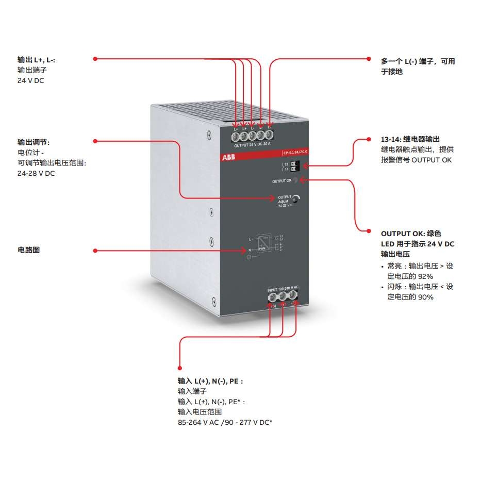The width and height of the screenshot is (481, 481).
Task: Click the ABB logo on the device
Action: pyautogui.click(x=228, y=157)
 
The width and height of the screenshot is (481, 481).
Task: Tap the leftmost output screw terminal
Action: pyautogui.click(x=235, y=137)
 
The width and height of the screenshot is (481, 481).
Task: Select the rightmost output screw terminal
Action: pyautogui.click(x=269, y=136)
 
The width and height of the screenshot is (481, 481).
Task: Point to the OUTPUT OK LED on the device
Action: pyautogui.click(x=296, y=180)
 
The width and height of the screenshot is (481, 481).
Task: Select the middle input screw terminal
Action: pyautogui.click(x=283, y=295)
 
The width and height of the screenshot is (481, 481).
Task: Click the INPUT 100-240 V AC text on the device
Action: pyautogui.click(x=283, y=290)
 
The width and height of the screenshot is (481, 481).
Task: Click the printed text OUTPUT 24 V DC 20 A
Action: pyautogui.click(x=253, y=145)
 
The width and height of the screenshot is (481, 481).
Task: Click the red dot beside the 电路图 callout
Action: pyautogui.click(x=95, y=251)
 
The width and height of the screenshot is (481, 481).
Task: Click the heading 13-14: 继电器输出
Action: pyautogui.click(x=410, y=139)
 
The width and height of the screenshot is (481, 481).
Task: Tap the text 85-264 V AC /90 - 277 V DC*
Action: pyautogui.click(x=225, y=422)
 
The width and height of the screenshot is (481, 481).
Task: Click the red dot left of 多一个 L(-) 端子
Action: pyautogui.click(x=369, y=59)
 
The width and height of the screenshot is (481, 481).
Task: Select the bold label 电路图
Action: pyautogui.click(x=28, y=250)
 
